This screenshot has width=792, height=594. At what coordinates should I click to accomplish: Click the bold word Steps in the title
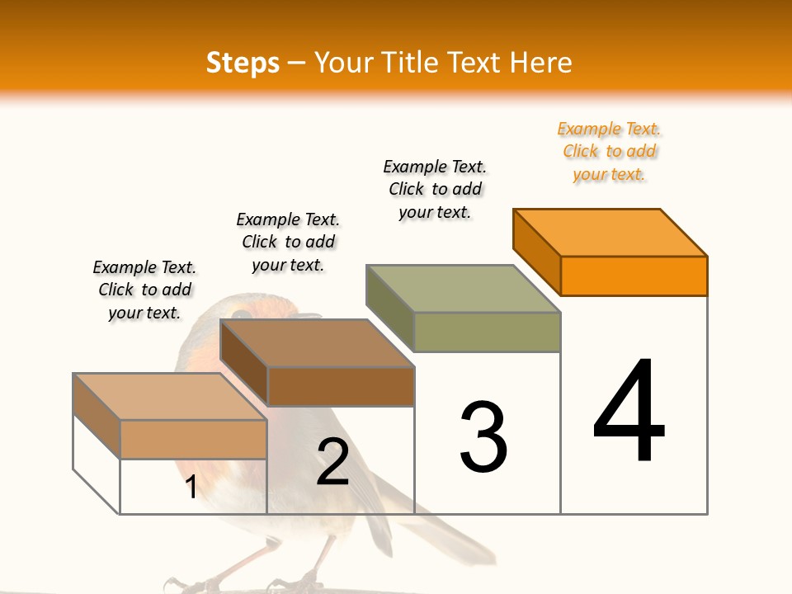242,63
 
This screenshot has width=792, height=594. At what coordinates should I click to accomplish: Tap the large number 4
629,412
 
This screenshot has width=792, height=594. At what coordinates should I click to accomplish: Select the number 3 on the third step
483,437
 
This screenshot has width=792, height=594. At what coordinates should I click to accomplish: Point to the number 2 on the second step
332,462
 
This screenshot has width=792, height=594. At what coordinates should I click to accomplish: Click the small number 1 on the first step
191,487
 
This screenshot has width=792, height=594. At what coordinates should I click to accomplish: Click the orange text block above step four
609,152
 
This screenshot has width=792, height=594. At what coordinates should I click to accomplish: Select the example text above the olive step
435,189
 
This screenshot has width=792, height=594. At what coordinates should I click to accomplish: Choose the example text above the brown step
288,242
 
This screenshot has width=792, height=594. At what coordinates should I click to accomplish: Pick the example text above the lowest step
144,290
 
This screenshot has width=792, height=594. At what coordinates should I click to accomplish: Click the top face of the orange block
610,232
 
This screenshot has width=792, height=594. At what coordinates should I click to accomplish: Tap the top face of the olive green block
464,288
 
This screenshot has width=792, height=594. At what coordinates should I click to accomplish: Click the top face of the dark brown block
318,342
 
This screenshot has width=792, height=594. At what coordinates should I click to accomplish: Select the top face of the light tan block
171,396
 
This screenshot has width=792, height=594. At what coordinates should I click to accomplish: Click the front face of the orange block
634,276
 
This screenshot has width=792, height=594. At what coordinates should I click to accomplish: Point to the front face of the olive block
487,332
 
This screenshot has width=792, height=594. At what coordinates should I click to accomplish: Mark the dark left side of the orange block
536,252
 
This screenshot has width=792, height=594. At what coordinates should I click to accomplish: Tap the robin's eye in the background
241,314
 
